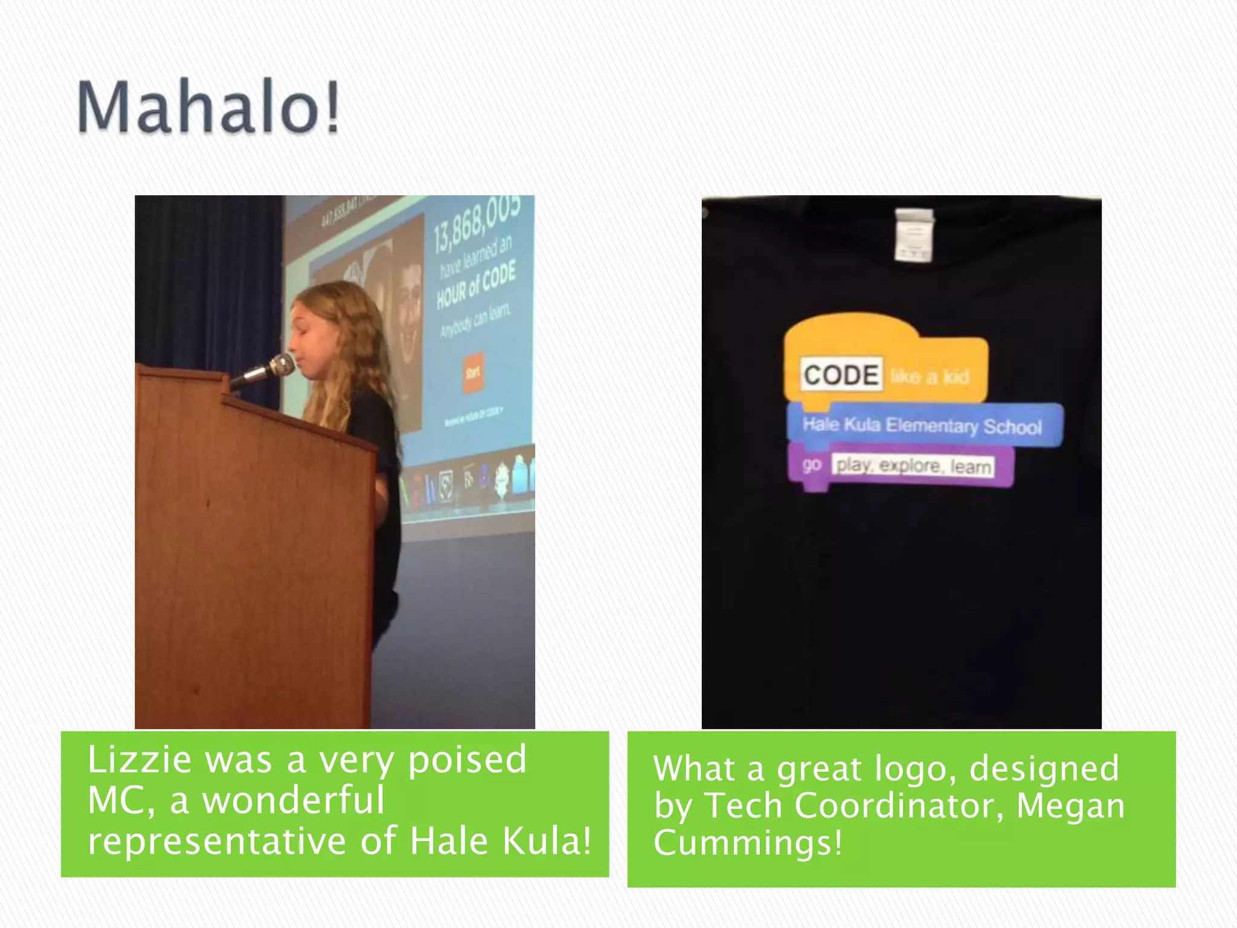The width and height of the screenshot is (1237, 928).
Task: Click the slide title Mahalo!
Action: pyautogui.click(x=208, y=108)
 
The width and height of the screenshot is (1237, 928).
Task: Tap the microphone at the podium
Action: pyautogui.click(x=266, y=370)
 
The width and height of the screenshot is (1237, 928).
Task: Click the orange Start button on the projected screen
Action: pyautogui.click(x=473, y=373)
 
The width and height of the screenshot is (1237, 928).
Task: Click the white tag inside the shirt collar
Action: pyautogui.click(x=914, y=235)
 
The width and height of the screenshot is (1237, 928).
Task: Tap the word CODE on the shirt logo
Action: pyautogui.click(x=841, y=375)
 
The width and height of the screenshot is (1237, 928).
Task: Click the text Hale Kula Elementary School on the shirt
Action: pyautogui.click(x=922, y=425)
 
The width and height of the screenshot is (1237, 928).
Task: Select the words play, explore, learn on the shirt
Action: pyautogui.click(x=913, y=466)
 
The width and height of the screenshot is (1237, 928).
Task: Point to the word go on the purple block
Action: pyautogui.click(x=812, y=464)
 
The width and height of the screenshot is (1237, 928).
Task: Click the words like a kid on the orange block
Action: pyautogui.click(x=930, y=377)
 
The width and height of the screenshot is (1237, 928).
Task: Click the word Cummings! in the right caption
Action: pyautogui.click(x=748, y=843)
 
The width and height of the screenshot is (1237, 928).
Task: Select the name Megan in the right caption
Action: pyautogui.click(x=1070, y=807)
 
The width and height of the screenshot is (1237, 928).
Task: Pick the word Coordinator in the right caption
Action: pyautogui.click(x=899, y=805)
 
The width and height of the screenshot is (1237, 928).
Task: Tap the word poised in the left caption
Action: pyautogui.click(x=467, y=761)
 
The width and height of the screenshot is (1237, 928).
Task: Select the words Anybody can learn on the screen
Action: pyautogui.click(x=475, y=321)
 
